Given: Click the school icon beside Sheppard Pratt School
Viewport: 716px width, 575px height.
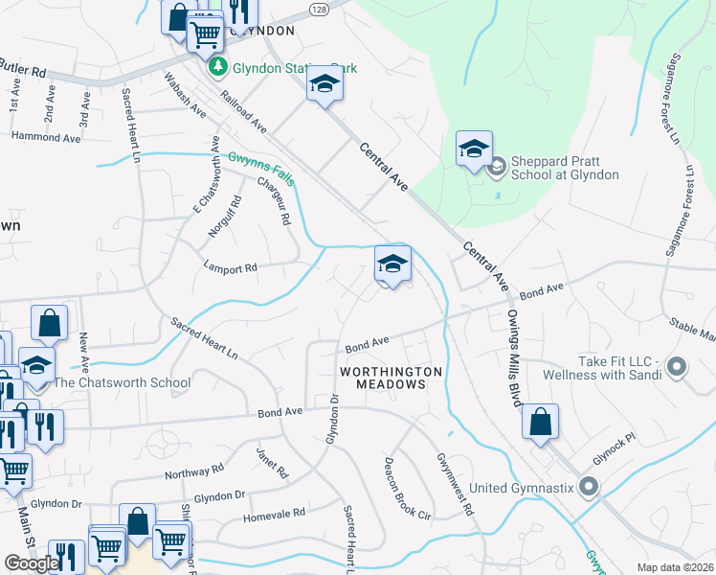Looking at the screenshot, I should click(x=474, y=149).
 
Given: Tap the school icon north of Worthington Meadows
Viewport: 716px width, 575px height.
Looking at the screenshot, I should click(x=392, y=264).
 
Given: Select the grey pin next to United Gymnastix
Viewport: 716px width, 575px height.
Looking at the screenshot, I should click(x=589, y=488).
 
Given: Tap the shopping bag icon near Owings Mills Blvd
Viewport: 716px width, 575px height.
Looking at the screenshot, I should click(x=541, y=422).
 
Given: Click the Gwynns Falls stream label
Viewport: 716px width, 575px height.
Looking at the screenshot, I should click(x=261, y=170).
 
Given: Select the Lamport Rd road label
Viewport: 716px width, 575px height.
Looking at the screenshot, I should click(x=230, y=268).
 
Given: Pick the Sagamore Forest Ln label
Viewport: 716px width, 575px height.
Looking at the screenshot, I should click(x=675, y=96).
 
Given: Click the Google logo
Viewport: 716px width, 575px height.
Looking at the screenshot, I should click(x=32, y=563).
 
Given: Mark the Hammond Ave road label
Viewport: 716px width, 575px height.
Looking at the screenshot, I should click(x=46, y=138).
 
